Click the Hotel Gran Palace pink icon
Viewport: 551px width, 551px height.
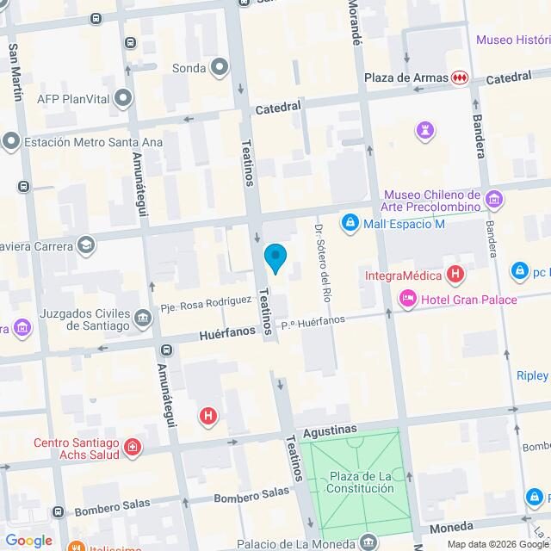[407, 299]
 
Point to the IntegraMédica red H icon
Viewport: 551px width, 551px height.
[455, 276]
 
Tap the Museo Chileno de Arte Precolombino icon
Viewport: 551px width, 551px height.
[494, 200]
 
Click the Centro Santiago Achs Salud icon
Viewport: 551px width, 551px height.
[132, 447]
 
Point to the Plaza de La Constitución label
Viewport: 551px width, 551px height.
[360, 482]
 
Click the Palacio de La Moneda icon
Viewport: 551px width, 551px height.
[369, 542]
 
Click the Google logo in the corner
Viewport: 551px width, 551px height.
[28, 541]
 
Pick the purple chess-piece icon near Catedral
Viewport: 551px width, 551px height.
[425, 130]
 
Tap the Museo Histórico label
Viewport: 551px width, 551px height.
[513, 40]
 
